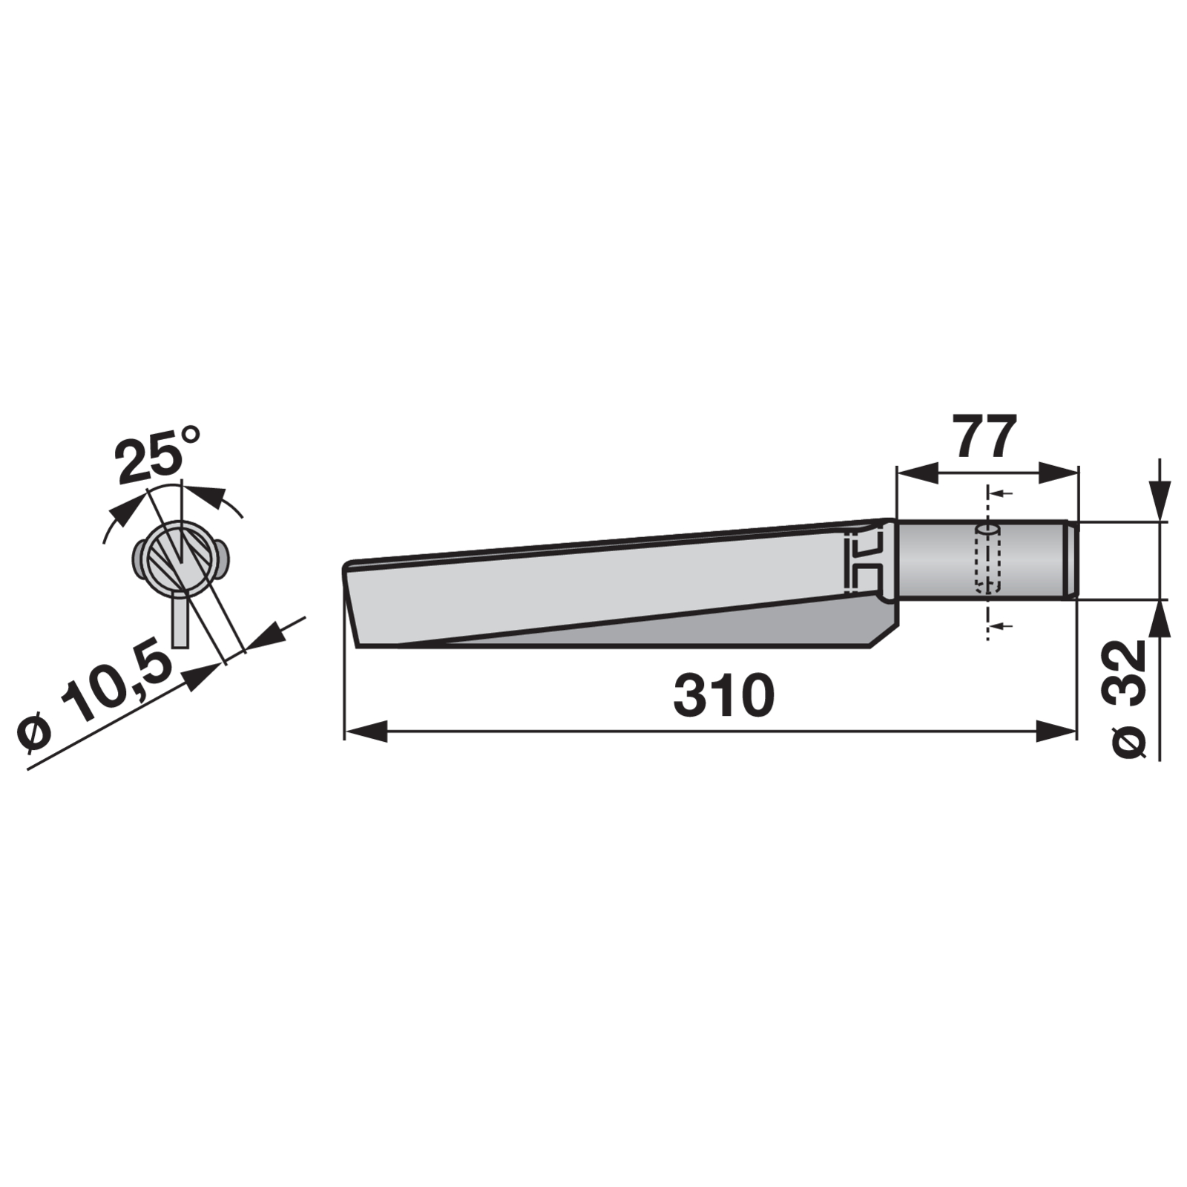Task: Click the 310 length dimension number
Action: click(x=723, y=696)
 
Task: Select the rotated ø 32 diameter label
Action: click(x=1130, y=698)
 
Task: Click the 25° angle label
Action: click(x=158, y=453)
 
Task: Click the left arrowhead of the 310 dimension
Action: click(x=366, y=731)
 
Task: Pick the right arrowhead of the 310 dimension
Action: click(x=1056, y=731)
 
